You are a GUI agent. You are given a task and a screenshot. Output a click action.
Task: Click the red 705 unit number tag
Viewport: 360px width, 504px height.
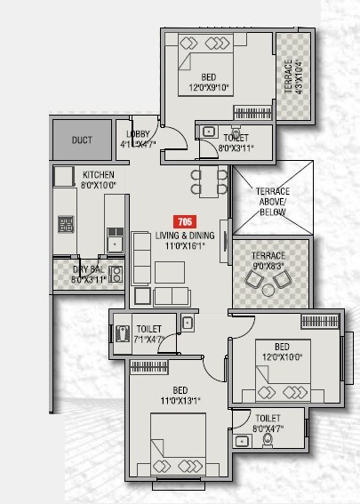coord(184,221)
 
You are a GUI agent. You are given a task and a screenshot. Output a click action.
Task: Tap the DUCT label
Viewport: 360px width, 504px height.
coord(82,140)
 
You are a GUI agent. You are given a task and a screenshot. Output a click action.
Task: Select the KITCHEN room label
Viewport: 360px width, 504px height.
coord(97,175)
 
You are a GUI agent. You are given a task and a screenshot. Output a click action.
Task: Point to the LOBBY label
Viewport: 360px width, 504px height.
coord(140,133)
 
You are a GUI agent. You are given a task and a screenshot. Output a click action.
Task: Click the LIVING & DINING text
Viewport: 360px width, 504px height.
coord(184,235)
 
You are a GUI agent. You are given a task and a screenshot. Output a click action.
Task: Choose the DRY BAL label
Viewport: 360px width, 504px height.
coord(89,268)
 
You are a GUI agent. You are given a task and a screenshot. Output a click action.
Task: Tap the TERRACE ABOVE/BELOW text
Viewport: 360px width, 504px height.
coord(273,202)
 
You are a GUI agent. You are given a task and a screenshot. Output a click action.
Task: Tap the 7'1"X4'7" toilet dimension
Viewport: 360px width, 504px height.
coord(148,339)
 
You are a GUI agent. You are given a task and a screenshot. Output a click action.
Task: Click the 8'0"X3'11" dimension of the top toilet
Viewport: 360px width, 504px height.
coord(236,148)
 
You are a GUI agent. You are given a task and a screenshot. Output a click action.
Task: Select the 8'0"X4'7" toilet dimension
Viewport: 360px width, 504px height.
coord(268,427)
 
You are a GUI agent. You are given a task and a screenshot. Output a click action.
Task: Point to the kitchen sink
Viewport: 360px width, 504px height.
coord(113,239)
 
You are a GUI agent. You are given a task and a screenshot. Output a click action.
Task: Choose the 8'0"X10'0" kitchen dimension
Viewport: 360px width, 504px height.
coord(97,186)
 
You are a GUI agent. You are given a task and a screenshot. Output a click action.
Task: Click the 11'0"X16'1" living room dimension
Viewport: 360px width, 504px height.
coord(184,245)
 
